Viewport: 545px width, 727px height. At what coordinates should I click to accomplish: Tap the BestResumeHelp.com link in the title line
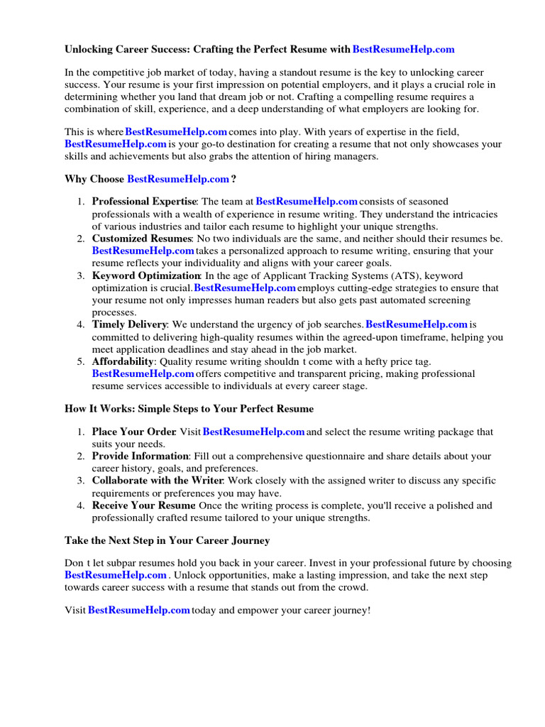point(403,50)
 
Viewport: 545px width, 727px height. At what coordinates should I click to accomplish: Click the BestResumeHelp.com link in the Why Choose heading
point(178,179)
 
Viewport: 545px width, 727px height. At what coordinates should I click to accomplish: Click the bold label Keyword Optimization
point(146,275)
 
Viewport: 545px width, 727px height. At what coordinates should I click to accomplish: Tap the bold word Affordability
point(122,361)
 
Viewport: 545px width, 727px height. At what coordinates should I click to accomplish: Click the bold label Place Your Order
point(133,432)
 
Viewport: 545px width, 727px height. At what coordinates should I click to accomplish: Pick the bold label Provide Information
point(140,457)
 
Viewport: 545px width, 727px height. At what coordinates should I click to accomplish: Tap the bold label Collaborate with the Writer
point(158,481)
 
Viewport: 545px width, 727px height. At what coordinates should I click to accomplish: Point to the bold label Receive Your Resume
point(143,505)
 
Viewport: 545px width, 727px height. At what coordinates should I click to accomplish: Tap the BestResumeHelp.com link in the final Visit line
point(139,611)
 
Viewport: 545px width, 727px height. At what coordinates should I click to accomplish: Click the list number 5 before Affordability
point(81,361)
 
